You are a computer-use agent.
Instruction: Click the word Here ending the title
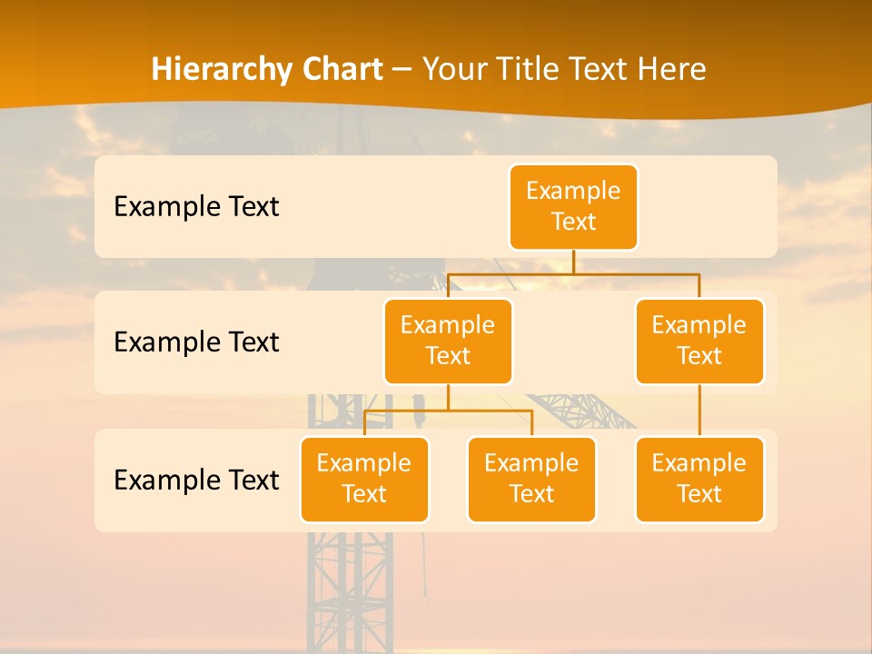tap(671, 69)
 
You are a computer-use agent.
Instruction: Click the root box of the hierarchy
tap(573, 206)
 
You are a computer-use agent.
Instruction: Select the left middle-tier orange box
tap(448, 341)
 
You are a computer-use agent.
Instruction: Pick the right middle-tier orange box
tap(699, 341)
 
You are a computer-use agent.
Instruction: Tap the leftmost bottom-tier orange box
tap(364, 479)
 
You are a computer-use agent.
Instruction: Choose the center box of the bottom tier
tap(531, 479)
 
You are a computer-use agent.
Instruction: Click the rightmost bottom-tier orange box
tap(699, 479)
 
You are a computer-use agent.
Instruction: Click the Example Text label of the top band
tap(196, 206)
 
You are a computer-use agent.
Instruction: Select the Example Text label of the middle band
tap(196, 342)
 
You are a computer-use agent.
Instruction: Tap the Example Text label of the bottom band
tap(196, 480)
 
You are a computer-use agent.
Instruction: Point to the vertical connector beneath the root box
tap(573, 262)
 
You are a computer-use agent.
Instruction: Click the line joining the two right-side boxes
tap(699, 411)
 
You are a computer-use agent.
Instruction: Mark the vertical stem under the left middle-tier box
tap(448, 397)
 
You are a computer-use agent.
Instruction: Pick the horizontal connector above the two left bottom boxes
tap(448, 411)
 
